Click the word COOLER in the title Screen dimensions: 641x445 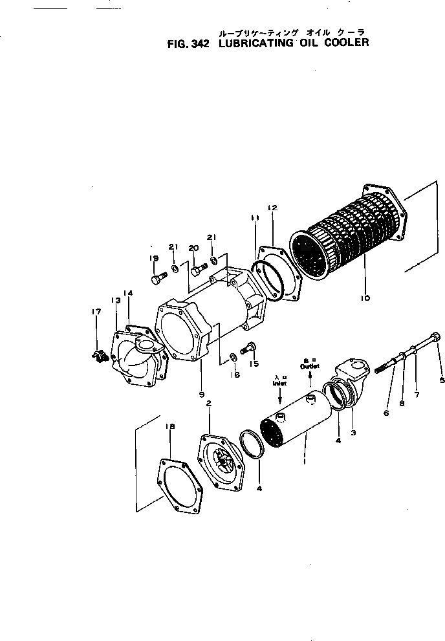coord(345,43)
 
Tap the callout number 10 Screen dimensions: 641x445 coord(365,298)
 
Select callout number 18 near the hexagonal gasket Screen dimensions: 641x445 coord(170,426)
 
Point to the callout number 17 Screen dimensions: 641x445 coord(96,312)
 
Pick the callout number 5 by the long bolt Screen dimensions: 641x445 coord(442,380)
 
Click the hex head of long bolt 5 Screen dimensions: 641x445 coord(435,336)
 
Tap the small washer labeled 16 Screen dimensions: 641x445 coord(232,357)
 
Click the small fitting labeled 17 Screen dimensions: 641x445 coord(100,354)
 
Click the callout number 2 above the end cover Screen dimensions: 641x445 coord(208,403)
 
